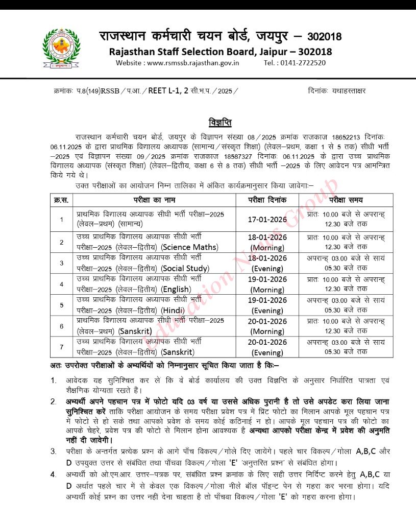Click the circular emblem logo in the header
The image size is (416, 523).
point(61,49)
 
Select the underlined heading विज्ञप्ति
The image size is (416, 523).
point(220,123)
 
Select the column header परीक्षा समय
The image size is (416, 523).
point(346,200)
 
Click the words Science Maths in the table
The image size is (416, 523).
point(190,247)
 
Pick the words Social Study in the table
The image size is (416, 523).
point(185,268)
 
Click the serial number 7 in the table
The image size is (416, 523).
point(61,347)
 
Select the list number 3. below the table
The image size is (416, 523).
point(54,450)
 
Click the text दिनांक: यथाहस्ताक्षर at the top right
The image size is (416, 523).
point(337,91)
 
